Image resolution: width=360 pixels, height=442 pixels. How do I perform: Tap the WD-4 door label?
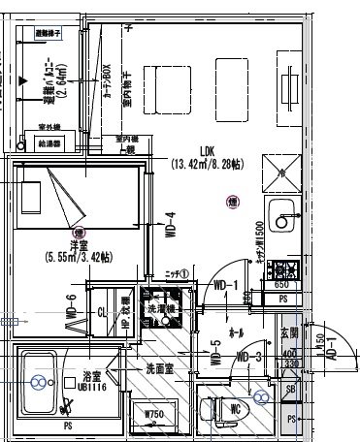[171, 226]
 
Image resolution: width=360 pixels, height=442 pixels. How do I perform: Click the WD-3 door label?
[250, 357]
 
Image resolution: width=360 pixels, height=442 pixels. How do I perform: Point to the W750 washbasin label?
[153, 416]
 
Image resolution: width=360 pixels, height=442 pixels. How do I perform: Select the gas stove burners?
[284, 268]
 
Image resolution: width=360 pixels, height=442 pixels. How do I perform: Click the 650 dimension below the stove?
[281, 285]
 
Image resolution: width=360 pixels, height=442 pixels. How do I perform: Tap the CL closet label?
[101, 312]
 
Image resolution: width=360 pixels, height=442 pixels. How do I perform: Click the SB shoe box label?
[292, 388]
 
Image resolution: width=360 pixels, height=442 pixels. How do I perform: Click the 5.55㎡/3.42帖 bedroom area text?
[78, 258]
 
